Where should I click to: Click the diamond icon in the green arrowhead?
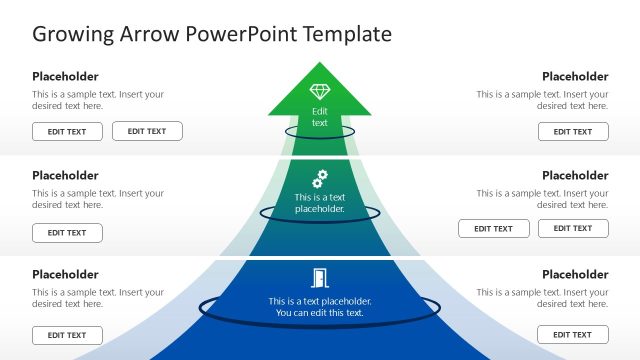pos(320,93)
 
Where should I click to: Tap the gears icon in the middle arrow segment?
pos(320,179)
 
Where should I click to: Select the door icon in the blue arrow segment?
pos(320,278)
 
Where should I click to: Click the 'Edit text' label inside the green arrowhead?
pos(320,117)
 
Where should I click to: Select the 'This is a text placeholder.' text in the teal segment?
pos(320,203)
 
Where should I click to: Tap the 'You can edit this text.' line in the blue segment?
pos(320,313)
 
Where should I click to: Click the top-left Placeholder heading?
pos(65,76)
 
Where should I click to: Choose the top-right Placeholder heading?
pos(575,76)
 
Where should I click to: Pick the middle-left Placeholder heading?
pos(65,175)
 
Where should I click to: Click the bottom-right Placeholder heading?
pos(575,274)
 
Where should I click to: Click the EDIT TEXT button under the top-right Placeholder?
pos(573,131)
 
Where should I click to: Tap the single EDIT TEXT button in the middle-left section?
pos(67,233)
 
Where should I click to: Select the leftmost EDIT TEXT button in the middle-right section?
pos(494,228)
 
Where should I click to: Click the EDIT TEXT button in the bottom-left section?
pos(67,335)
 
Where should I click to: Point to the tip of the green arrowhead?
pos(320,64)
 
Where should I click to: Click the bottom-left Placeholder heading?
pos(65,274)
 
